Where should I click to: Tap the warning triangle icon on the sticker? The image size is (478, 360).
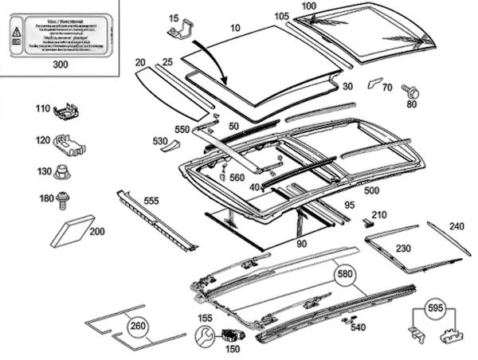click(17, 33)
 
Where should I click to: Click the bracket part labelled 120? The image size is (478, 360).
click(71, 145)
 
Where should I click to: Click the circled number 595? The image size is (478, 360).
click(433, 307)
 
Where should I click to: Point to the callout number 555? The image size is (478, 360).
click(151, 202)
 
